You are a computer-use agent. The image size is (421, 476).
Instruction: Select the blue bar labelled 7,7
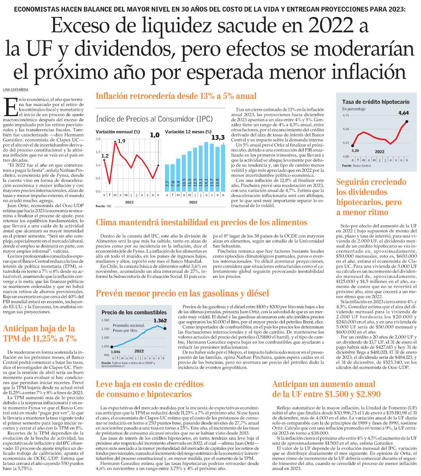167,178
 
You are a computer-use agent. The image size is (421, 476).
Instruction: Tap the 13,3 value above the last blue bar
218,137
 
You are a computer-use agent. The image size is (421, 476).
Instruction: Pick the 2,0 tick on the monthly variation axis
98,139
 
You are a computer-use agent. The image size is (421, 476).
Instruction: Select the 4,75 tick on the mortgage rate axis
346,116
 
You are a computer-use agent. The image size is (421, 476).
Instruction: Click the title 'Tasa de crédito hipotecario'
375,102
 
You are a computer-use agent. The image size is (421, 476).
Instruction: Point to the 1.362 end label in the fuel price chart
160,321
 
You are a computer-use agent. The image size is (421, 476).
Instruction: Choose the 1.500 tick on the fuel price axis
105,320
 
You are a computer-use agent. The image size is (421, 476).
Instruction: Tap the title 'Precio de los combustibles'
134,312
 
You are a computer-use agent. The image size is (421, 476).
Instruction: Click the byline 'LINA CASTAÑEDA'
16,90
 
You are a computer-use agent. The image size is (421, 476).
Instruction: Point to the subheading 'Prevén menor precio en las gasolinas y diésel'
182,293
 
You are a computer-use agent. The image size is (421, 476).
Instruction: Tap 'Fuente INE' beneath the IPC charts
103,206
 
